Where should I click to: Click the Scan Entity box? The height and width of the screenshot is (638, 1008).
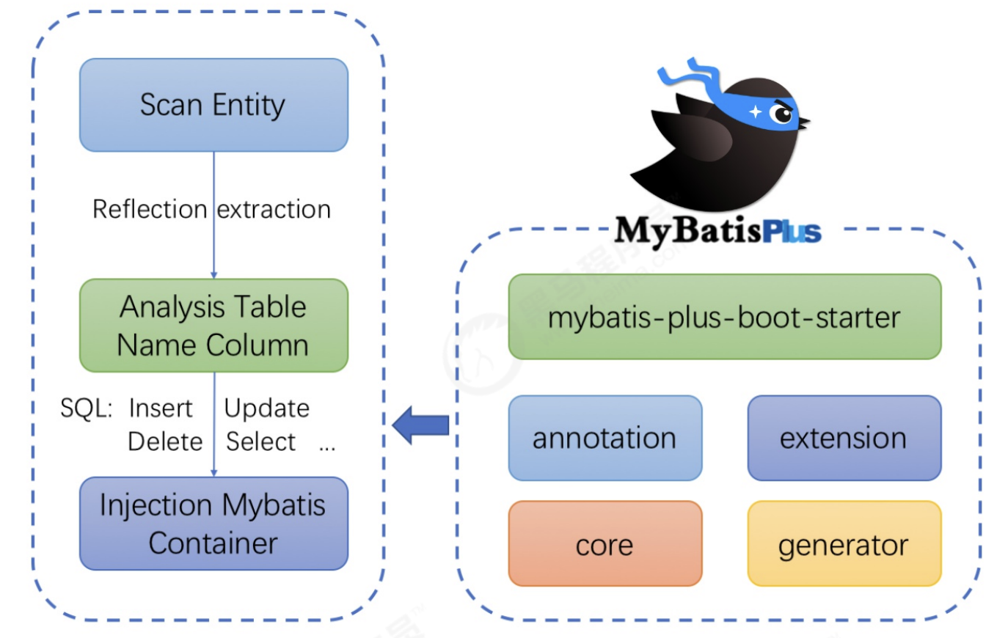[213, 105]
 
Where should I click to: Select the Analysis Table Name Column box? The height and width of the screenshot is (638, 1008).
[213, 326]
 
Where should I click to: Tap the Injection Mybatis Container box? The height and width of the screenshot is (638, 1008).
[213, 524]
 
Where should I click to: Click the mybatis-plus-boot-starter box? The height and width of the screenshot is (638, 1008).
[724, 317]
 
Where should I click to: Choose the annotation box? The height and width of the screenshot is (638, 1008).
[605, 438]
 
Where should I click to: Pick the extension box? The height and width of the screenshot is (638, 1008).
[844, 438]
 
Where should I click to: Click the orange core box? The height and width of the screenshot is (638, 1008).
[605, 544]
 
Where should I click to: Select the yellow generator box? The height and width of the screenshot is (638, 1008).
[844, 544]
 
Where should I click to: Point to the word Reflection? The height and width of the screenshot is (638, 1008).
[150, 210]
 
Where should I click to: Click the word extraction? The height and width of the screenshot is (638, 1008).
[274, 210]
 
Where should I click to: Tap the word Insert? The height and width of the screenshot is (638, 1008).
[161, 408]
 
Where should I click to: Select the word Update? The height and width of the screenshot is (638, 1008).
[267, 408]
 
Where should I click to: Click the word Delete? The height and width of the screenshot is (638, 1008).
[165, 441]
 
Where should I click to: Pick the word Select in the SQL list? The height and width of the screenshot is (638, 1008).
[260, 441]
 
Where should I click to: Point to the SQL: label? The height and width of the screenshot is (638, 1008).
[86, 408]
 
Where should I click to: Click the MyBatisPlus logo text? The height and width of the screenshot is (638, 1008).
[717, 230]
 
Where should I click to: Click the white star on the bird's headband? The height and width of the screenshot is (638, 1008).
[756, 111]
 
